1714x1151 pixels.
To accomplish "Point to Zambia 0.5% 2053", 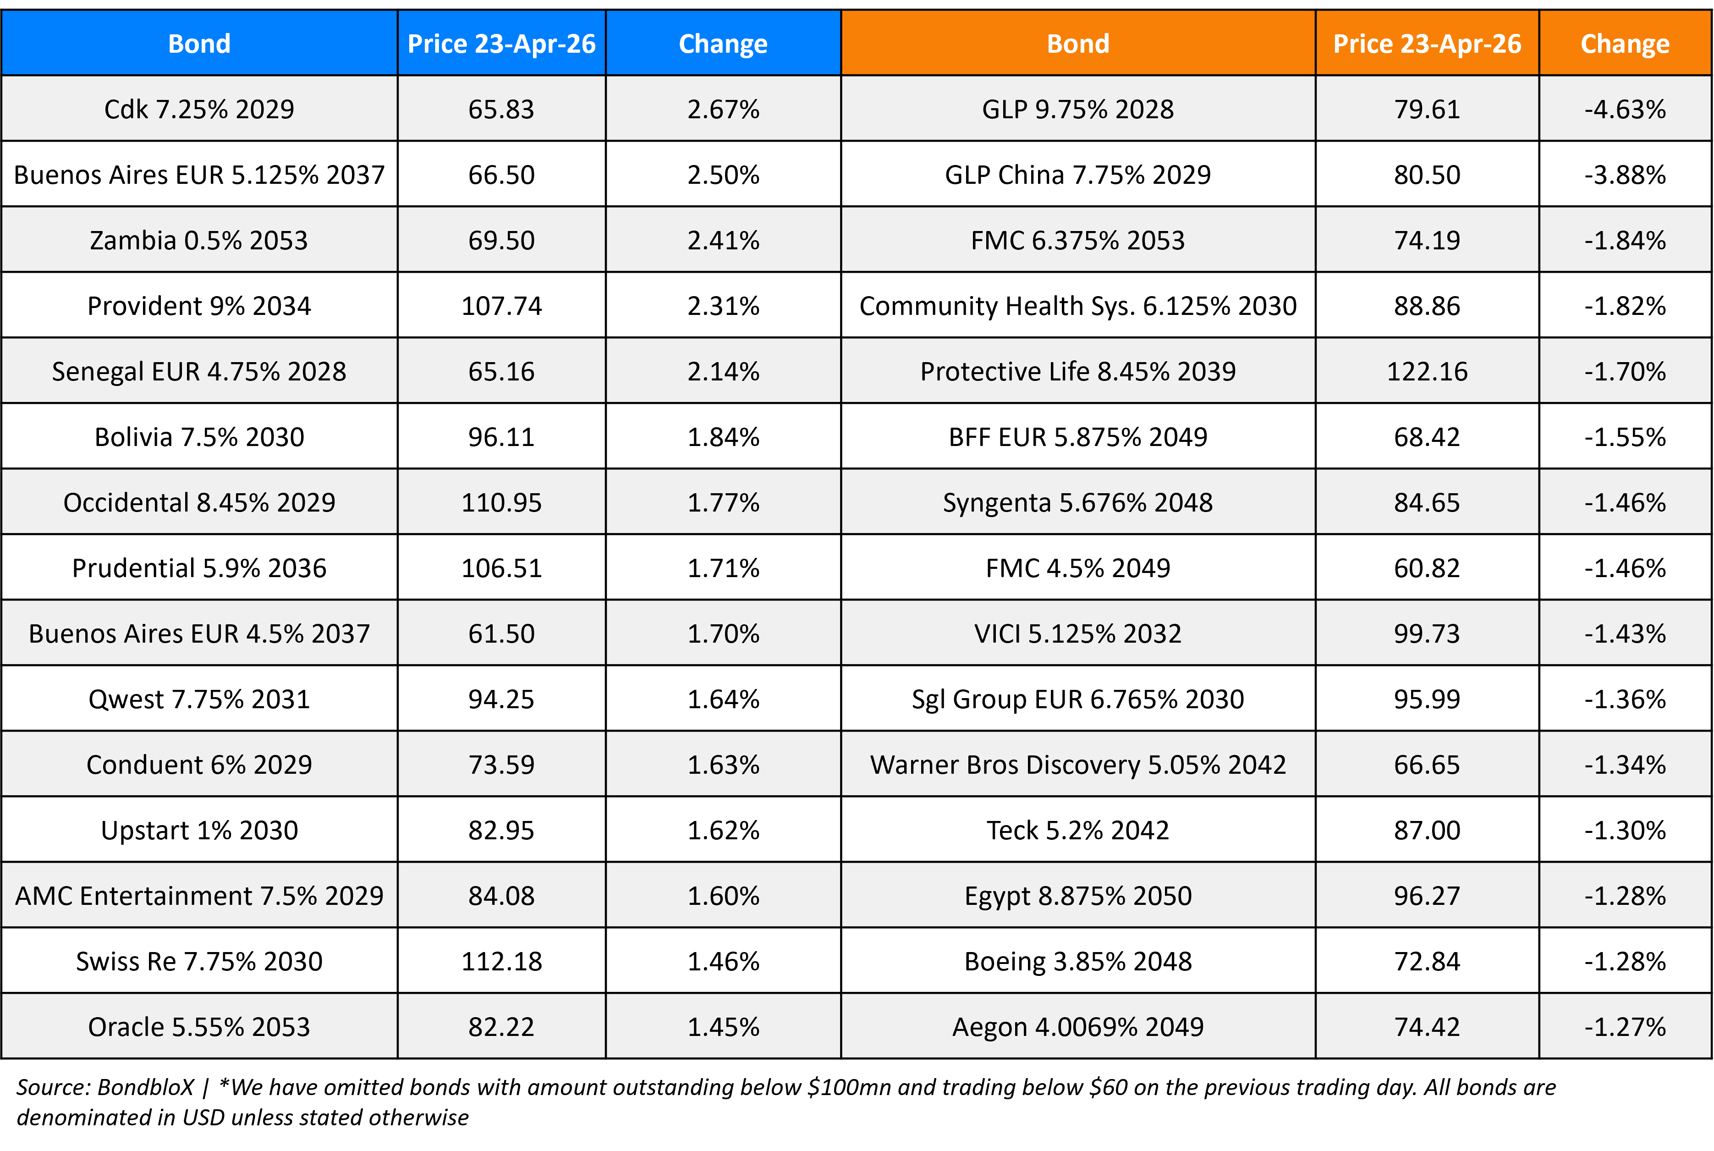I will point(199,241).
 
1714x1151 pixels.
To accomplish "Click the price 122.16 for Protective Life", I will point(1426,371).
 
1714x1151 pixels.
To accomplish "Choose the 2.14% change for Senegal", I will point(723,371).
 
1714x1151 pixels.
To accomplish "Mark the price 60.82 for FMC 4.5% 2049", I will point(1426,568).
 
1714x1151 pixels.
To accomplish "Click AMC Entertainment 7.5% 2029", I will point(199,896).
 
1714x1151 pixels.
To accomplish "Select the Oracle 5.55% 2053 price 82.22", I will point(501,1027).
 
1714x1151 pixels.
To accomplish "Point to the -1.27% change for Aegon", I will point(1625,1027).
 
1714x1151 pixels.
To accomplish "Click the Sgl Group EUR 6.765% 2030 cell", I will point(1077,699).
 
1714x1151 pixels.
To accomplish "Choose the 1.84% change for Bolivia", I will point(723,437).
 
